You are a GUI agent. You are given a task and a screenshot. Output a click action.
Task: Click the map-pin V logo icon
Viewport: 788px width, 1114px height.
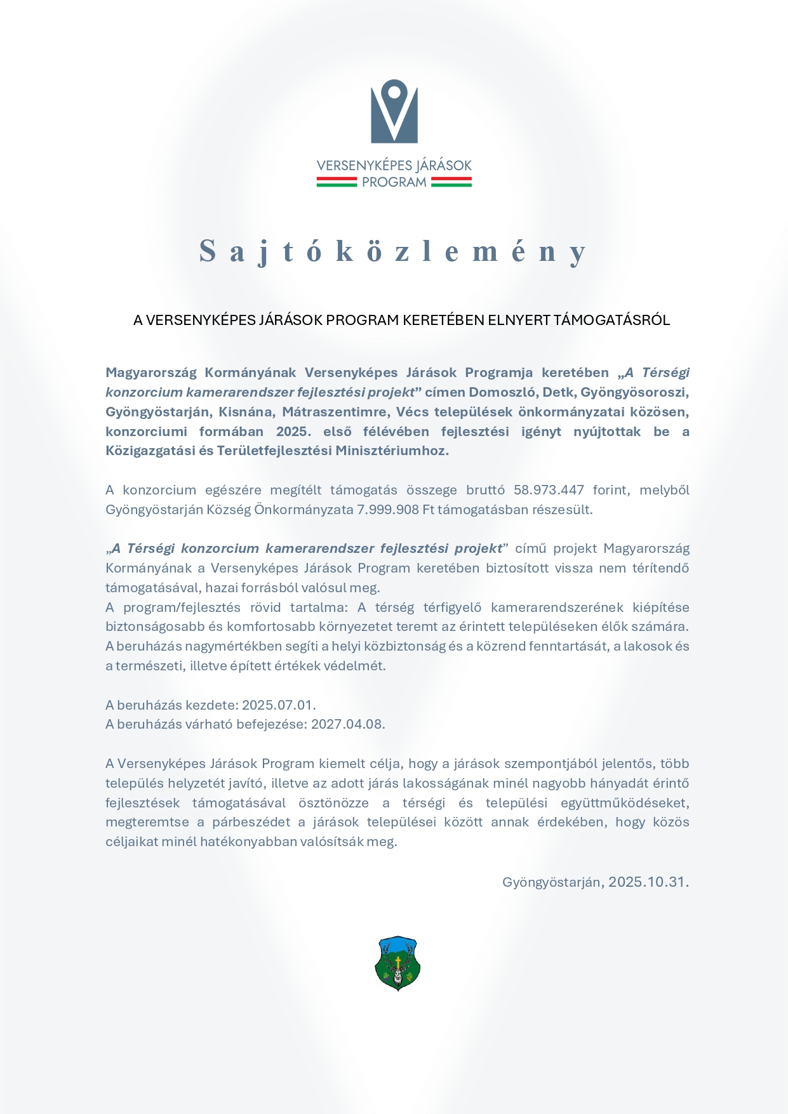[x=394, y=111]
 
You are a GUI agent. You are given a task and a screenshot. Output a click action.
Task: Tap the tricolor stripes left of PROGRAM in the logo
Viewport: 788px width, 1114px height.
[x=337, y=182]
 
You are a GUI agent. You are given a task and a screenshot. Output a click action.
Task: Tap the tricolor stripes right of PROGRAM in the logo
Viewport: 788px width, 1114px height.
[x=451, y=182]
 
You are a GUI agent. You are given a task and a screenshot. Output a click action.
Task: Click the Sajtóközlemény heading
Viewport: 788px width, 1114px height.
[x=394, y=251]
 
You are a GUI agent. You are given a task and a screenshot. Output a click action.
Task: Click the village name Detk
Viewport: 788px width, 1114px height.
[x=558, y=392]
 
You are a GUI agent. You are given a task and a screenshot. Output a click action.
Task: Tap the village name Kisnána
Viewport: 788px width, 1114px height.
[x=246, y=412]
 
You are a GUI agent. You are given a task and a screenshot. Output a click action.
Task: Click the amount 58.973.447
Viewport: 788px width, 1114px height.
[x=549, y=490]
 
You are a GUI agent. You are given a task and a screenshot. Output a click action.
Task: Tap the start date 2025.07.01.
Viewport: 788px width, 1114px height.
[x=278, y=705]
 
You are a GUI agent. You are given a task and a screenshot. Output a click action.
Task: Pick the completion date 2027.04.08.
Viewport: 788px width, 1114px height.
[x=347, y=724]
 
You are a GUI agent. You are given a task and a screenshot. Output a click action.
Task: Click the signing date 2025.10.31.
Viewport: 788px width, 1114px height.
[x=648, y=882]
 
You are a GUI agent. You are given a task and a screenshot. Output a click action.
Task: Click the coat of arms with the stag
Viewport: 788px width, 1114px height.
[x=397, y=963]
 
